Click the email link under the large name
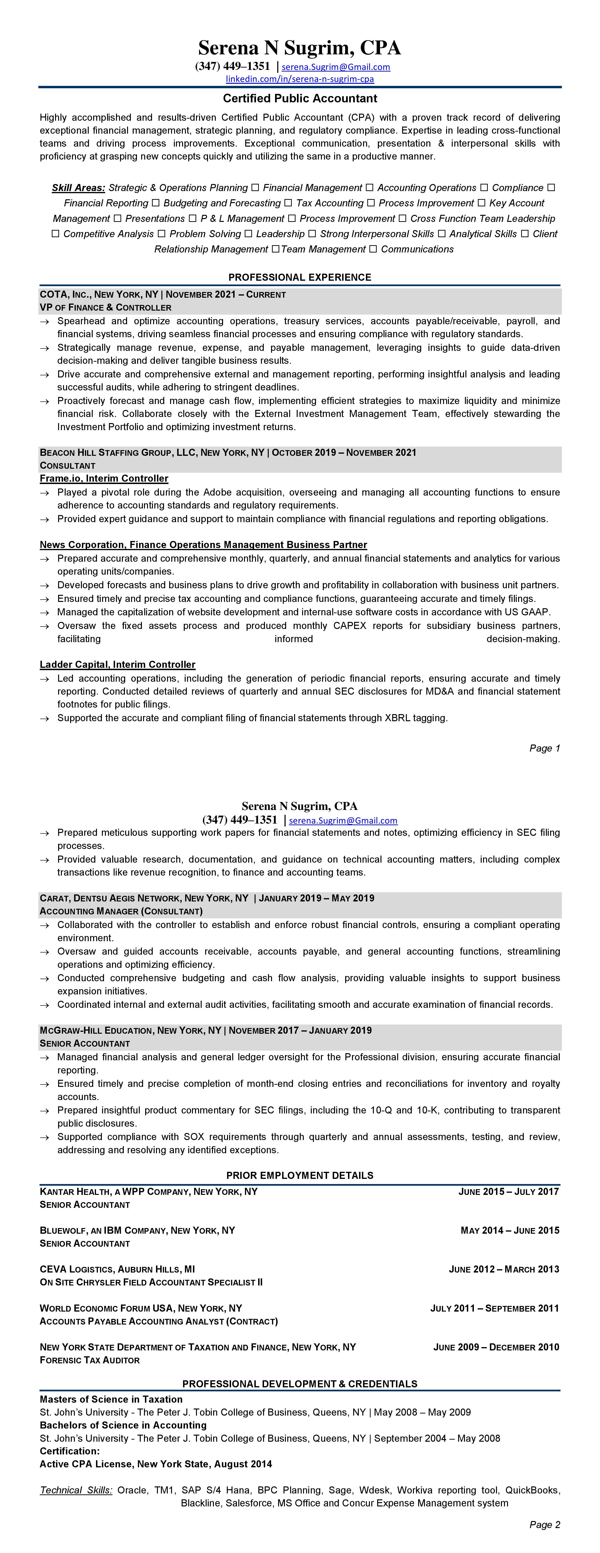[336, 67]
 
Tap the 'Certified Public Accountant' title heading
[300, 98]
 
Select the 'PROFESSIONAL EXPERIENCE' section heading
[300, 277]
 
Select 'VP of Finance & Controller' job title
[105, 308]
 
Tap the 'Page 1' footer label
[544, 748]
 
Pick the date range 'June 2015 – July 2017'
[508, 1191]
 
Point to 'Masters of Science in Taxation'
[111, 1399]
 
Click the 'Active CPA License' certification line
[156, 1464]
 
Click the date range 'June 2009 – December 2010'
[496, 1347]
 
